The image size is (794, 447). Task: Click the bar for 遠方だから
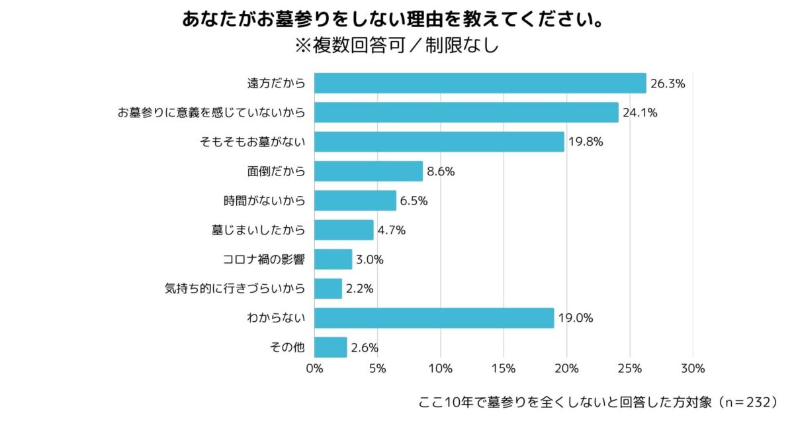point(480,83)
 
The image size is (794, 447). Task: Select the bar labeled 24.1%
point(466,113)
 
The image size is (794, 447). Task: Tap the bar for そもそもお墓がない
point(439,142)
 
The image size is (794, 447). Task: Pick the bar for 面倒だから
point(368,171)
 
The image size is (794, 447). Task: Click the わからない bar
point(433,318)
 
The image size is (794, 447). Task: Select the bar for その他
point(330,347)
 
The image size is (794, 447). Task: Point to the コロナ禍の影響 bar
point(333,259)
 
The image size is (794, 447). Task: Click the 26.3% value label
point(667,84)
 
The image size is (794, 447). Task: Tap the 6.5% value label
point(414,201)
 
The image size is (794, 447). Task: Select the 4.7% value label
point(392,230)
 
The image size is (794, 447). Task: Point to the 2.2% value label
point(360,289)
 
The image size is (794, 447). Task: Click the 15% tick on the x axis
point(504,369)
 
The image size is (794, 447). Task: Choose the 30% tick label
point(693,369)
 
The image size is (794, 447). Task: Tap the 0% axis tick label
point(314,369)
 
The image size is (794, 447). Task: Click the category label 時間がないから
point(264,201)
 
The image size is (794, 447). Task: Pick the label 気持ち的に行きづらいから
point(235,289)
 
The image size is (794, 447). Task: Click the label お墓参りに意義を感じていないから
point(211,113)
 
